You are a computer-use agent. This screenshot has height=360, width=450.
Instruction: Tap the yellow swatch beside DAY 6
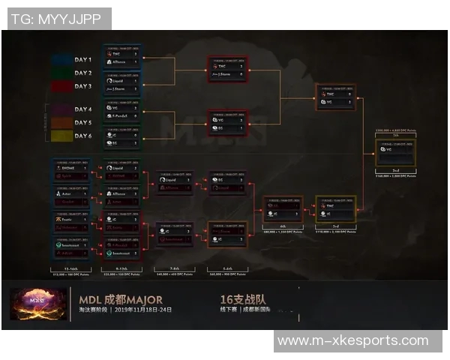[x=61, y=136]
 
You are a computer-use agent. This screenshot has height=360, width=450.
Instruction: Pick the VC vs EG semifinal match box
[x=227, y=123]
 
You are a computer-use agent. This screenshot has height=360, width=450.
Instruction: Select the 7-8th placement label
[x=174, y=268]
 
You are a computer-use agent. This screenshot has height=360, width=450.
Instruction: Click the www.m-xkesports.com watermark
[x=352, y=341]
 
